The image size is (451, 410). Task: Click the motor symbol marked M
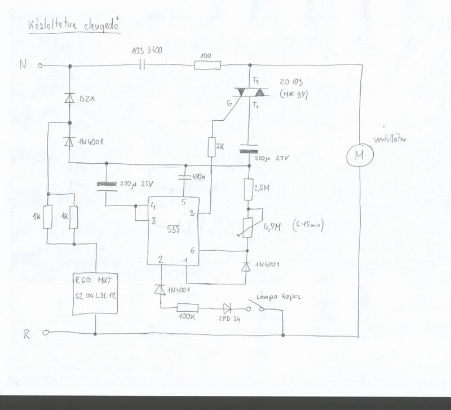pyautogui.click(x=357, y=154)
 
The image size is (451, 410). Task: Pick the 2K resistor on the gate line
pyautogui.click(x=212, y=148)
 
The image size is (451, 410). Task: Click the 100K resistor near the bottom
pyautogui.click(x=186, y=308)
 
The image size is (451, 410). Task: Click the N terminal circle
pyautogui.click(x=41, y=66)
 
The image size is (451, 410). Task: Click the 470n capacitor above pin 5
pyautogui.click(x=184, y=177)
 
